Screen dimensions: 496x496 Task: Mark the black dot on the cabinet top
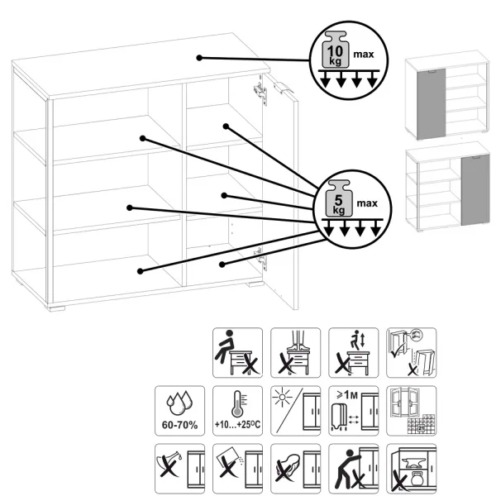(x=199, y=57)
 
